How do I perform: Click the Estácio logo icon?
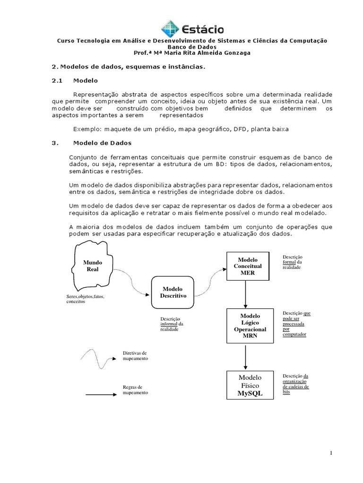pyautogui.click(x=170, y=29)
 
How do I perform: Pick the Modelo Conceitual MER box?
pyautogui.click(x=250, y=266)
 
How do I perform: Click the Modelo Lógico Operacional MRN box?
pyautogui.click(x=250, y=326)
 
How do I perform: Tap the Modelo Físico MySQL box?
pyautogui.click(x=250, y=385)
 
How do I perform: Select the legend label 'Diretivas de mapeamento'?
pyautogui.click(x=135, y=356)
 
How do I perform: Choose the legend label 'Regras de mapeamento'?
pyautogui.click(x=135, y=390)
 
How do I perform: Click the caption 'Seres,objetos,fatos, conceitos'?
pyautogui.click(x=86, y=299)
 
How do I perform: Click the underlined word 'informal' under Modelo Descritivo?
pyautogui.click(x=169, y=324)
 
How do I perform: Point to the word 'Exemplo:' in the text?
pyautogui.click(x=87, y=129)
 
